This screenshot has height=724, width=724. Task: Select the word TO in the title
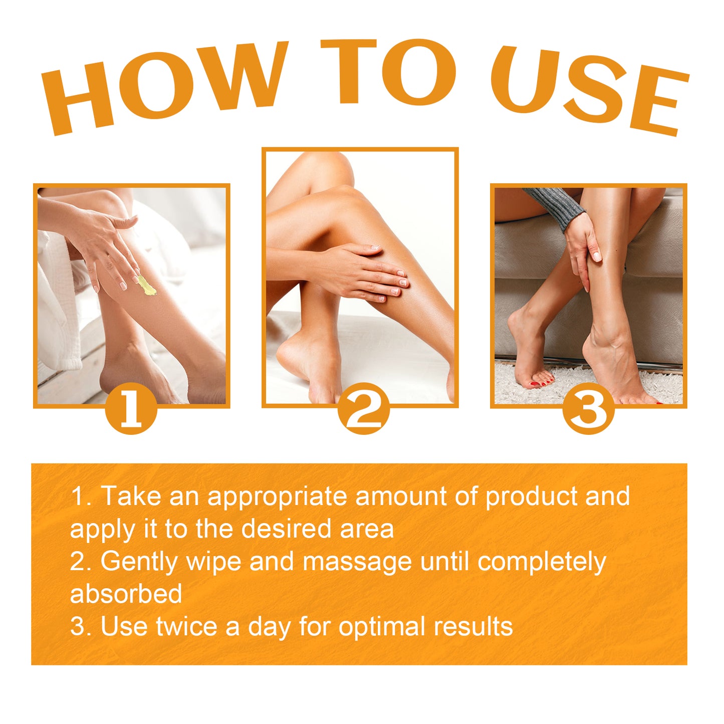tap(388, 73)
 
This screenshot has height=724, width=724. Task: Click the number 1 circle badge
tap(131, 409)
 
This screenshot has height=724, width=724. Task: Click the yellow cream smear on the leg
tap(146, 286)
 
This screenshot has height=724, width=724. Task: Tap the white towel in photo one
tap(55, 311)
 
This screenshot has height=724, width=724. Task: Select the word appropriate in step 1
tap(277, 497)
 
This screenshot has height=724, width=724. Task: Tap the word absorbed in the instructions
tap(126, 594)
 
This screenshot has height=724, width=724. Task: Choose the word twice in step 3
tap(186, 626)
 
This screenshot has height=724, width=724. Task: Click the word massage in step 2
tap(357, 562)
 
